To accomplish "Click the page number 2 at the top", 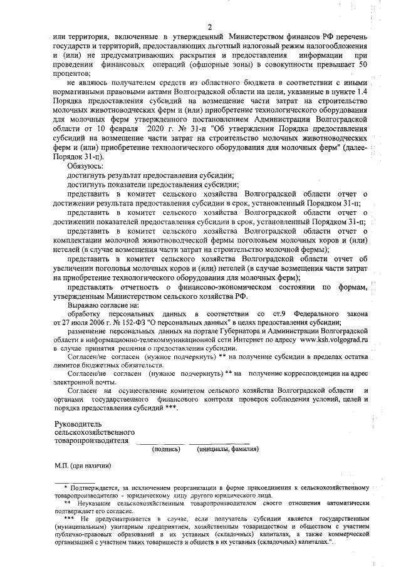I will click(211, 26).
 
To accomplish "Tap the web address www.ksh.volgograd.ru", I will click(334, 339).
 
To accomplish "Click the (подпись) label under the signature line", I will click(166, 449).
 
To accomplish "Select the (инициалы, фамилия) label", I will click(227, 449).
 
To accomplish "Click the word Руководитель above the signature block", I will click(78, 424).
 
